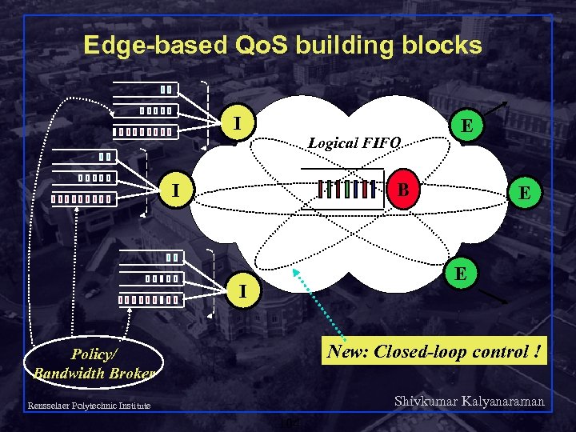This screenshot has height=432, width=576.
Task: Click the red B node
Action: pyautogui.click(x=405, y=190)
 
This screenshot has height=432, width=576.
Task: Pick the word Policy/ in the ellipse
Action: pyautogui.click(x=94, y=354)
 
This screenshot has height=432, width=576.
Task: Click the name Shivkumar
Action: pyautogui.click(x=428, y=402)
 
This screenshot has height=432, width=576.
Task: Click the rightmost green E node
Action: pyautogui.click(x=525, y=193)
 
